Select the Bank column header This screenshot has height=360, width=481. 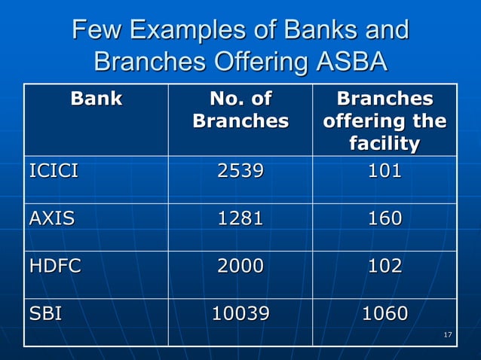(x=96, y=99)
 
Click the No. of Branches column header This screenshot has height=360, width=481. (x=240, y=109)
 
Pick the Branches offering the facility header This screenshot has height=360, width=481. (x=384, y=121)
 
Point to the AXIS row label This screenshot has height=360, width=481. (x=51, y=218)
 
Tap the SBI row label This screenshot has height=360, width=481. (x=45, y=313)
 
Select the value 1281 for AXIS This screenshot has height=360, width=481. (x=240, y=218)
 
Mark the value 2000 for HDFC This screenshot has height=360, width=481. (x=240, y=265)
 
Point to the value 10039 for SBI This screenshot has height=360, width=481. (x=240, y=313)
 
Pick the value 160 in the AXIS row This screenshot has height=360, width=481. (x=384, y=218)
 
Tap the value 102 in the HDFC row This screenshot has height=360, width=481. (x=384, y=265)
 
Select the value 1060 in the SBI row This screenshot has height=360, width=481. (x=384, y=313)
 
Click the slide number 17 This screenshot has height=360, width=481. (x=448, y=334)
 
